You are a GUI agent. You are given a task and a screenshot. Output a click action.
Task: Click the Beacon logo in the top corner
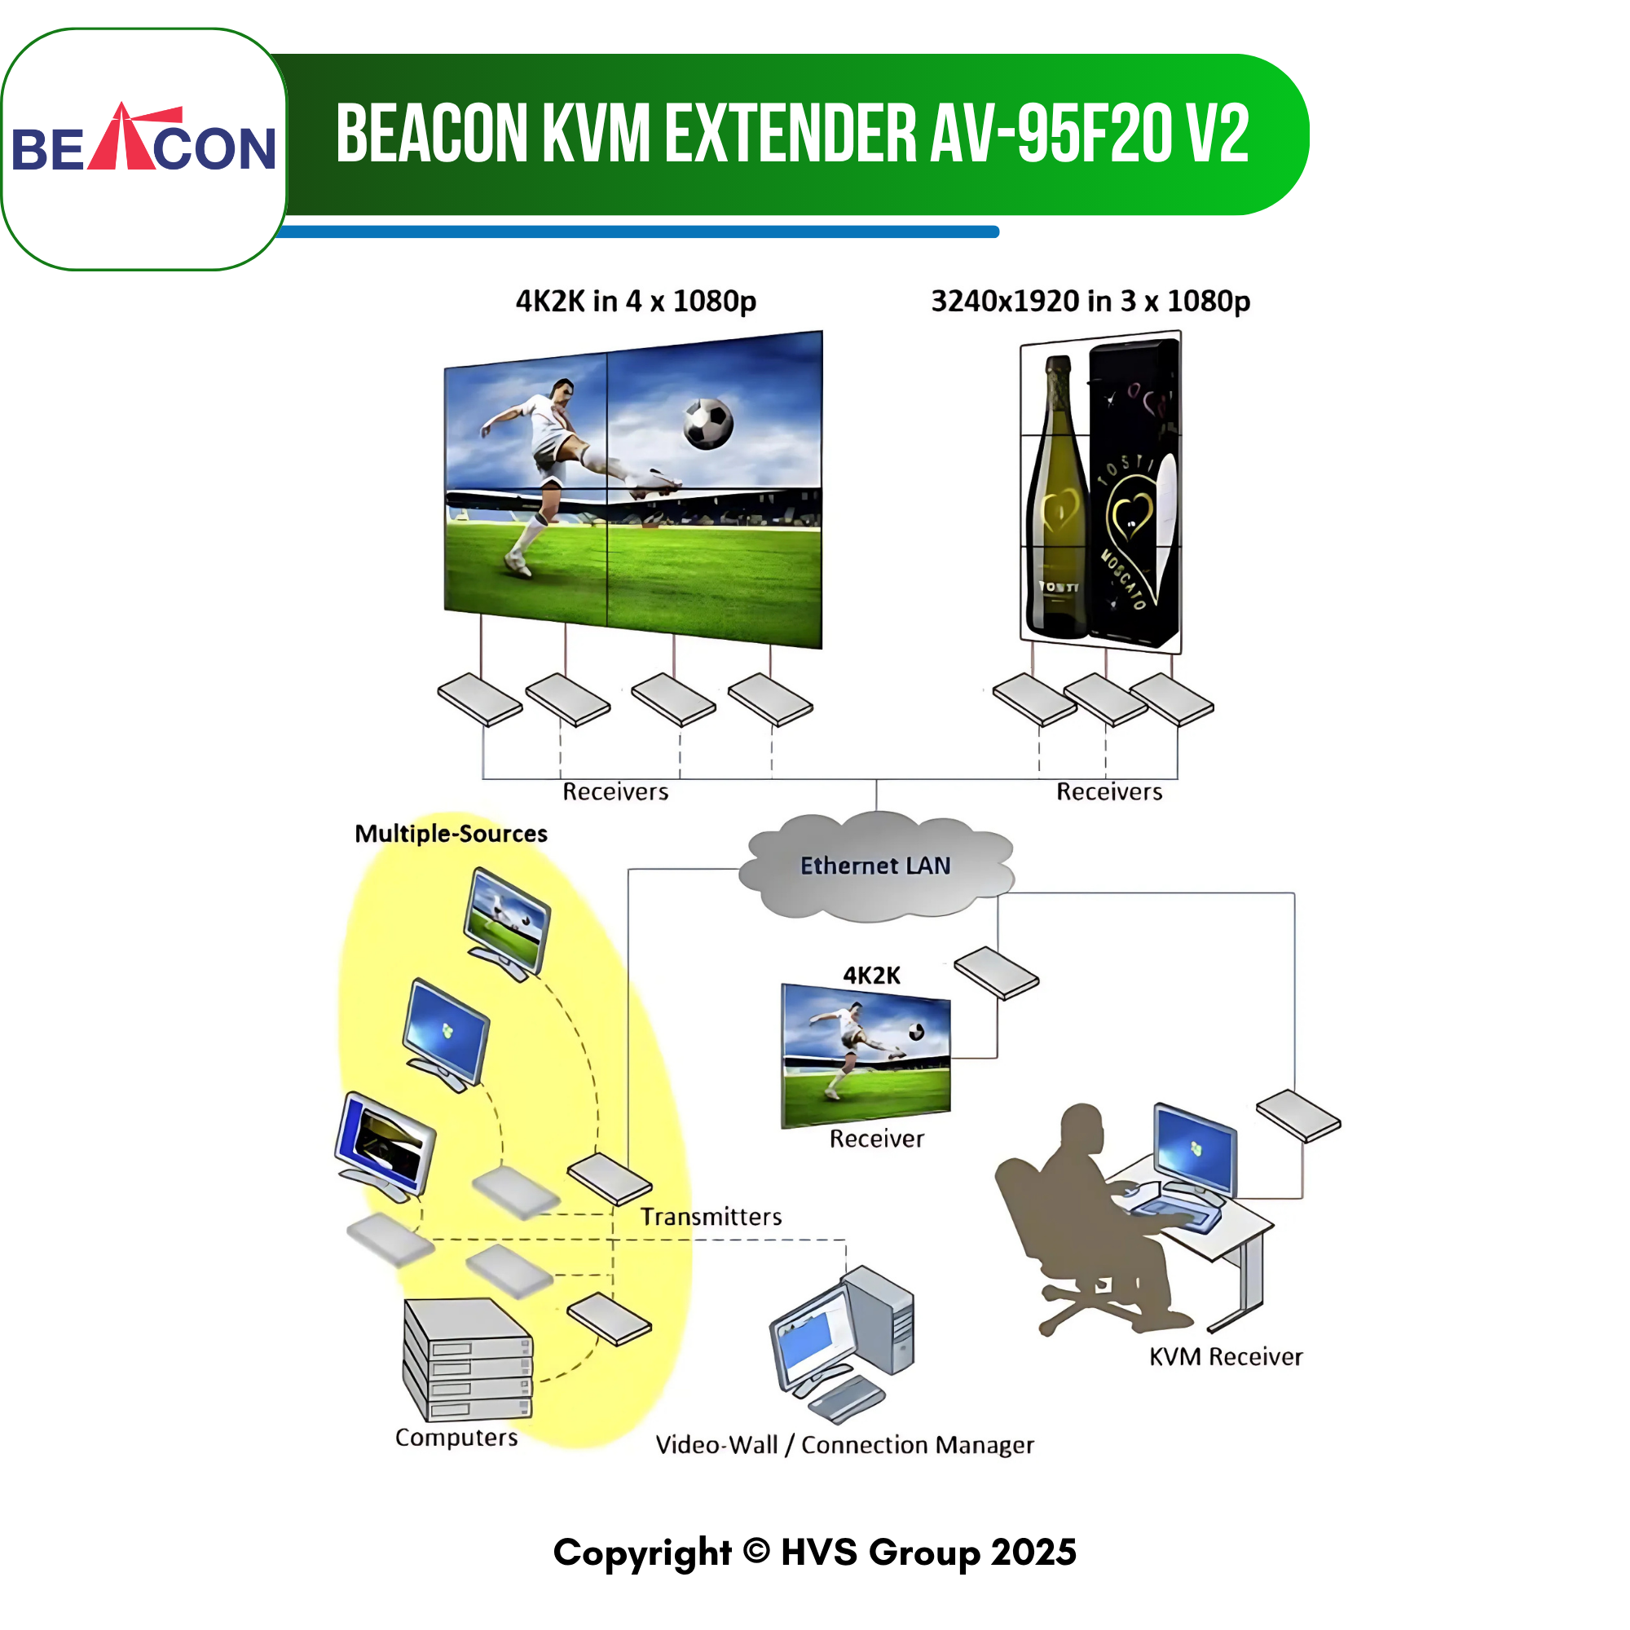(143, 138)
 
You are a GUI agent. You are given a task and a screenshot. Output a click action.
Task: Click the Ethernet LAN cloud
(876, 866)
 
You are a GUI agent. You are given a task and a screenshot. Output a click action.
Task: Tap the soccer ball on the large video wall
(708, 423)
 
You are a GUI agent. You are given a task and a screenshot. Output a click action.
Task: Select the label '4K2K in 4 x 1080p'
(636, 302)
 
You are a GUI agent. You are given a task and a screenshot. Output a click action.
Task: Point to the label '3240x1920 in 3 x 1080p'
(1090, 302)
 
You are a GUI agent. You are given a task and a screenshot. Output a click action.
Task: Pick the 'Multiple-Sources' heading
(451, 834)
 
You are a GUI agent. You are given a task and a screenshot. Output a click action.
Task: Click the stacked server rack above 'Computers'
(467, 1359)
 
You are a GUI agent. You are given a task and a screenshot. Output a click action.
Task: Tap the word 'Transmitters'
(711, 1217)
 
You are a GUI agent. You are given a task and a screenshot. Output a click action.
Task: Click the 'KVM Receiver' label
(1225, 1357)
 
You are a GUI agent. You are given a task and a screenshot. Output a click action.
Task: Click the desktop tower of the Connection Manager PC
(879, 1321)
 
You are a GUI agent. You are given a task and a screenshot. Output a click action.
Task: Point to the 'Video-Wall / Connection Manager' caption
(844, 1445)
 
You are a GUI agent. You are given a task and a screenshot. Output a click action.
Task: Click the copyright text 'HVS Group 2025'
(929, 1553)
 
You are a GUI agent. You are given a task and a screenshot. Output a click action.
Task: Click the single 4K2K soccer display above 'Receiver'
(866, 1055)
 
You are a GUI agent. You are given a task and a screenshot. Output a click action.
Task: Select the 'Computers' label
(456, 1438)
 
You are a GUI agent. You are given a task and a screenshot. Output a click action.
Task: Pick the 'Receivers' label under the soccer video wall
(615, 791)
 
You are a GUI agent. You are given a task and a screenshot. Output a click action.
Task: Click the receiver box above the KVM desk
(1298, 1117)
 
